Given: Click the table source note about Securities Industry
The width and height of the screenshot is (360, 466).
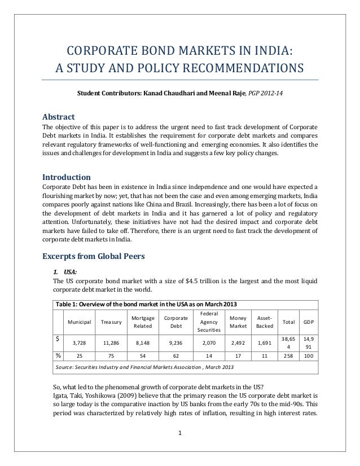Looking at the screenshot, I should click(x=143, y=368).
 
